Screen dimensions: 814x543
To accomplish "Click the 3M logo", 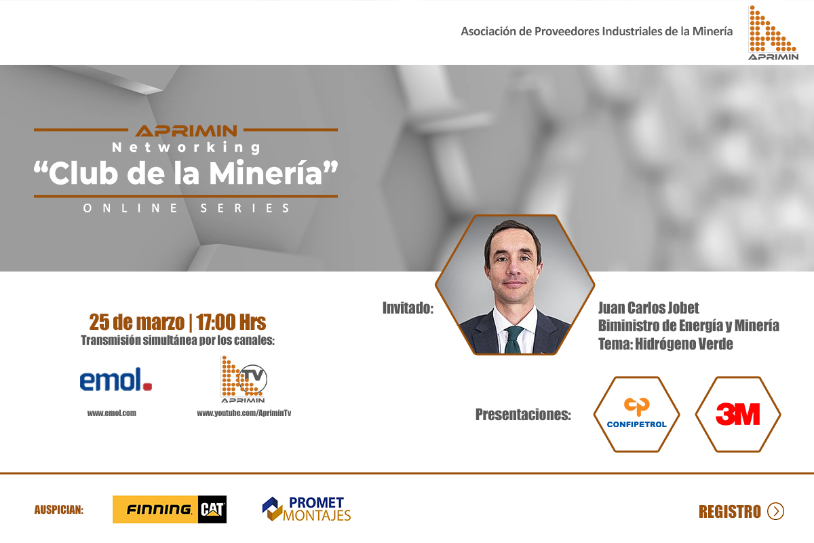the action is (738, 414).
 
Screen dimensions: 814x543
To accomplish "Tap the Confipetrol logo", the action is (637, 413).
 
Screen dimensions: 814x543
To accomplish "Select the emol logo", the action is (116, 379).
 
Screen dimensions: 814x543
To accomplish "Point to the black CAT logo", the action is (212, 509).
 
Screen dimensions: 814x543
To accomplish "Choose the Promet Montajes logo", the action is (307, 509).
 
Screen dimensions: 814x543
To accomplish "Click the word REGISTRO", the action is (730, 512).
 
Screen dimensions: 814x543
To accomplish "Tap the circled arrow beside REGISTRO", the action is (776, 511).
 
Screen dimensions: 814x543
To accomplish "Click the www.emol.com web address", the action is (111, 413).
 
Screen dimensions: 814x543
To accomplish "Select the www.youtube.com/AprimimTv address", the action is (244, 413).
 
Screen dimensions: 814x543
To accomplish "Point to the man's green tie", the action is (513, 339).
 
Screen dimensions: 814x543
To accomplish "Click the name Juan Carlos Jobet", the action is (648, 307).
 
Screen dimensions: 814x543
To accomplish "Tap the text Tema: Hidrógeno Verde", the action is (665, 343).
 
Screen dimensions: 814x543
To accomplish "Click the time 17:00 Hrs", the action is (231, 322).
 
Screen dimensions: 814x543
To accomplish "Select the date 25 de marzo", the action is (136, 322).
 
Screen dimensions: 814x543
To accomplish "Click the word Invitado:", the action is (408, 308).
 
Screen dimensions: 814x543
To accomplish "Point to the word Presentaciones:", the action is (523, 414).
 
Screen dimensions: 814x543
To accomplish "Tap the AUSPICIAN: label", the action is (59, 510).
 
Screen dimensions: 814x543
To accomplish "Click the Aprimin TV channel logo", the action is (244, 379).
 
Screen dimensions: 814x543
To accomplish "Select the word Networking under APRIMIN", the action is (186, 147).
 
